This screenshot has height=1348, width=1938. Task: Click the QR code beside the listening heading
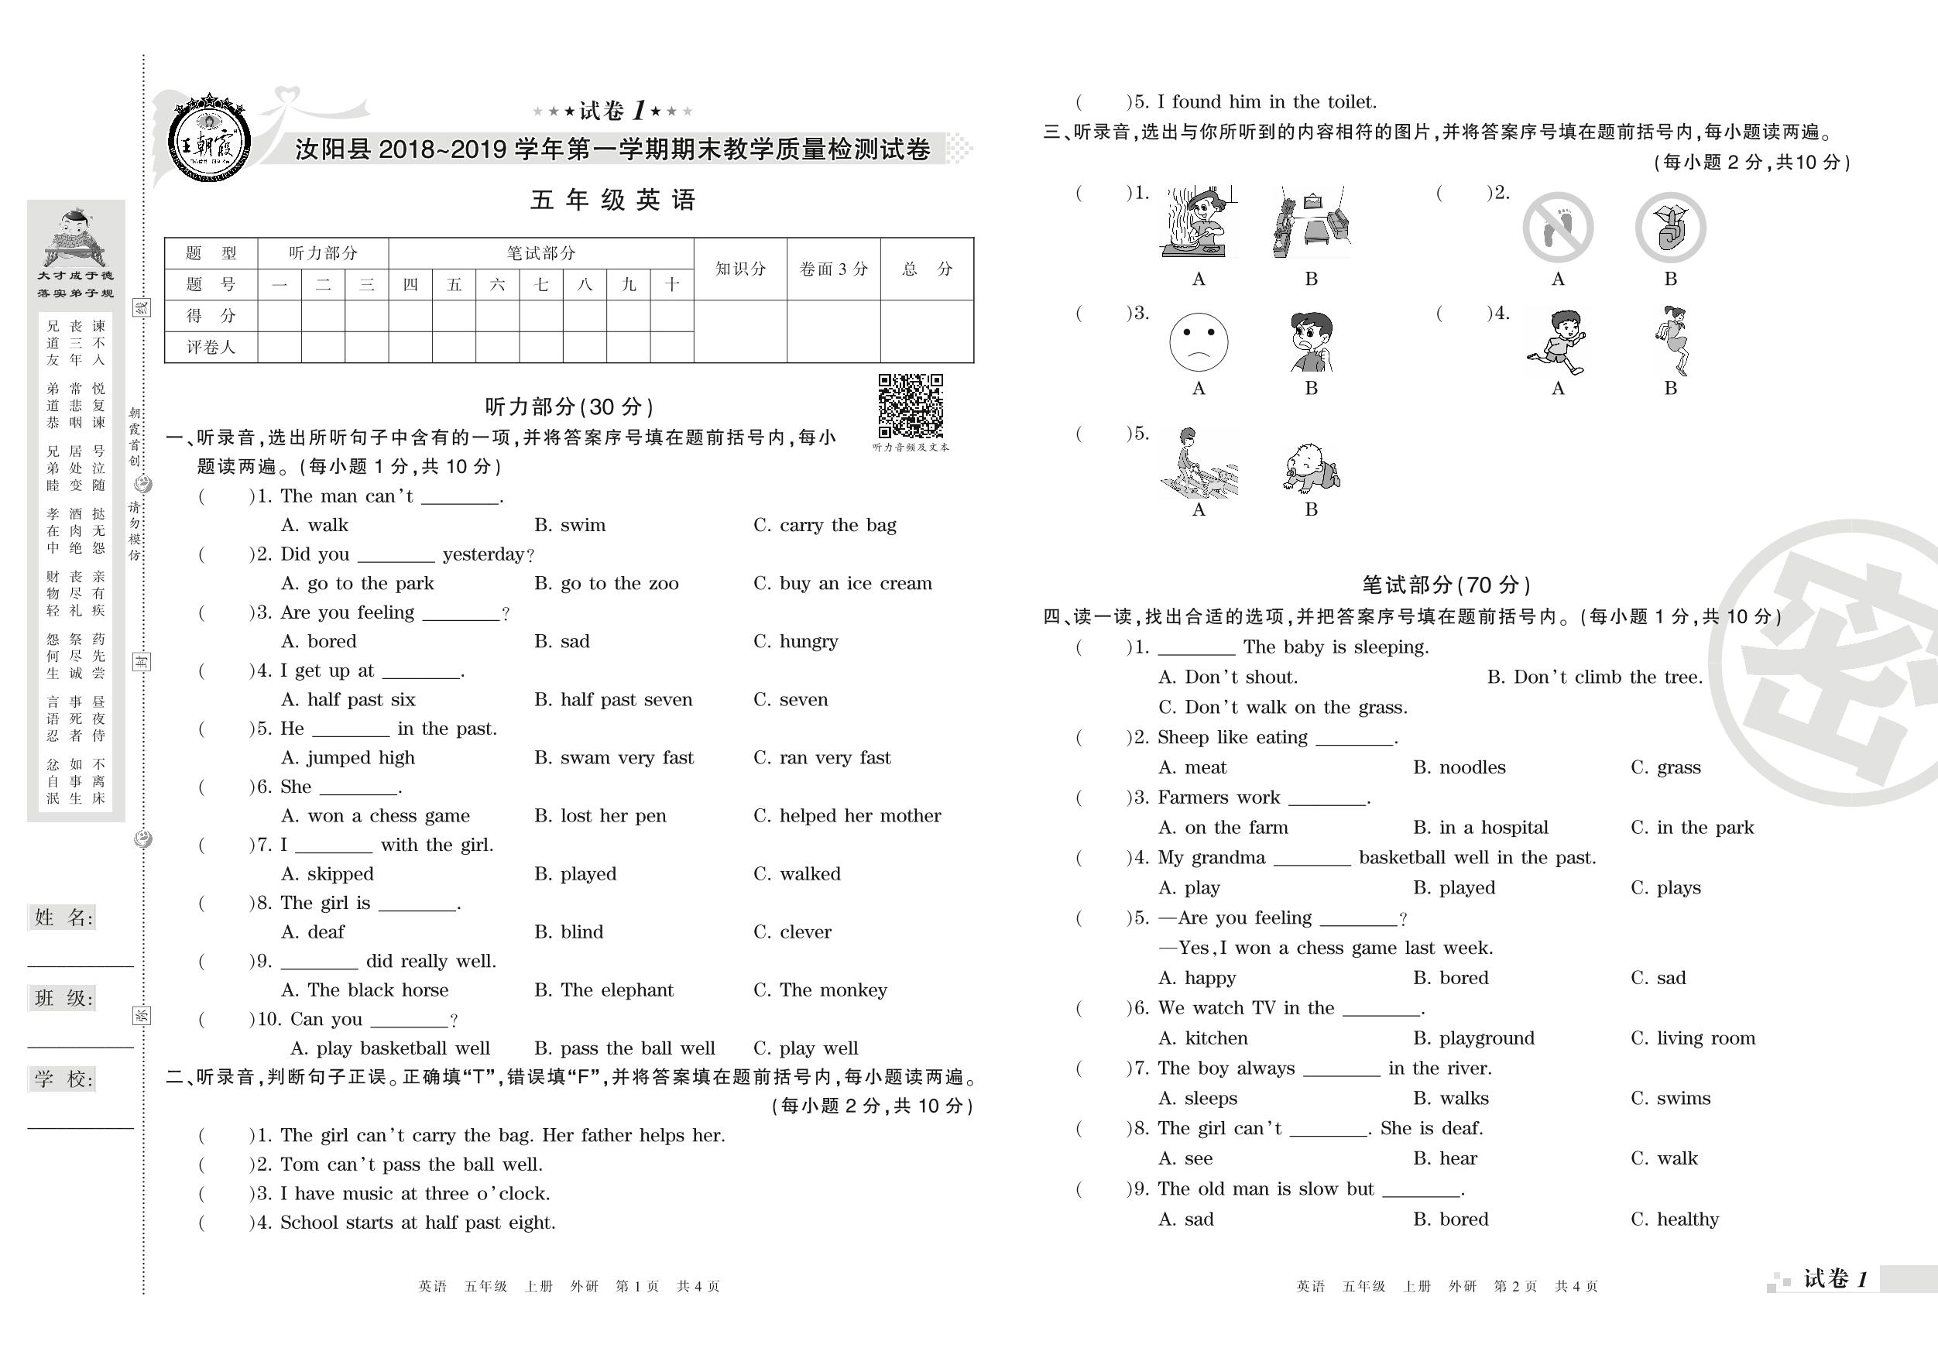point(910,406)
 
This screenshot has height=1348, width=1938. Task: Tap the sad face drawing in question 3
point(1198,342)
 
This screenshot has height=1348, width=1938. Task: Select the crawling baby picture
point(1311,468)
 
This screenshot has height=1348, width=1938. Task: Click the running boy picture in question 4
point(1557,342)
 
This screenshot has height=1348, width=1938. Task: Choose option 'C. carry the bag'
point(824,525)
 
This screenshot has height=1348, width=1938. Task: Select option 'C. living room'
point(1693,1038)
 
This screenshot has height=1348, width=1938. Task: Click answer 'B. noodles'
point(1459,767)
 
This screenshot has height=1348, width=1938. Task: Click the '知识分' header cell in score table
point(740,269)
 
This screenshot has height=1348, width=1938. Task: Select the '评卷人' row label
point(211,347)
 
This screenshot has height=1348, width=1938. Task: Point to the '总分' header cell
point(927,269)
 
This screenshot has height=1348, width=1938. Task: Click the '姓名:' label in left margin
point(64,918)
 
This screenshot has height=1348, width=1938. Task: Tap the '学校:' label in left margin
point(64,1079)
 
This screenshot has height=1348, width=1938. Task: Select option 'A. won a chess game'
point(375,816)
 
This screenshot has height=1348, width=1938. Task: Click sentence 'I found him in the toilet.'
point(1266,102)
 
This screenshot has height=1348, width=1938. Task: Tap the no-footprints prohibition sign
point(1557,228)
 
